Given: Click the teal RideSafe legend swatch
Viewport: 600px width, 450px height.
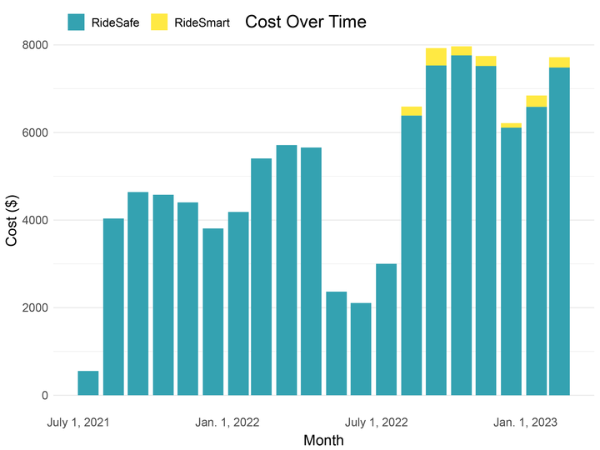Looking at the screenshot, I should tap(77, 22).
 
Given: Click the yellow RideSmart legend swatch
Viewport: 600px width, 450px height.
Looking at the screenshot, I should tap(159, 22).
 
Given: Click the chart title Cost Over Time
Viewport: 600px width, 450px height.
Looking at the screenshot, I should tap(305, 22).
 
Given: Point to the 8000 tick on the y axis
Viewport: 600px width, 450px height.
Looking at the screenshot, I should tap(36, 45).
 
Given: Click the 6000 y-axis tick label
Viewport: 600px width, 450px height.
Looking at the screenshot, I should tap(36, 132).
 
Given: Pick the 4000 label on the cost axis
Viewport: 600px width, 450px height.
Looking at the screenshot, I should tap(36, 220).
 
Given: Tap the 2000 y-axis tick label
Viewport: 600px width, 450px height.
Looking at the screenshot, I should tap(36, 307).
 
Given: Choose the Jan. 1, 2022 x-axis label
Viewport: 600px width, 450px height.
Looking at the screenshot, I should tap(227, 422).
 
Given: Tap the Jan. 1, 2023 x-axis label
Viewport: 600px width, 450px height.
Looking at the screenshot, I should tap(525, 422).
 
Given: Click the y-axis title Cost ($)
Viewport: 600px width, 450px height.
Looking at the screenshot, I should tap(12, 220).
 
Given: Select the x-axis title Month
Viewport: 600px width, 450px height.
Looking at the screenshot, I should tap(323, 440).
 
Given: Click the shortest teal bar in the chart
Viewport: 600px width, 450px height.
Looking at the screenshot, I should tap(88, 383).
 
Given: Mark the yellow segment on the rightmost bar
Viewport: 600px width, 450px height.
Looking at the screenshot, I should tap(559, 62).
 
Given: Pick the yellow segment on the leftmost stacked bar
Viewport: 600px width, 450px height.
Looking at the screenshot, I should tap(411, 111).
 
